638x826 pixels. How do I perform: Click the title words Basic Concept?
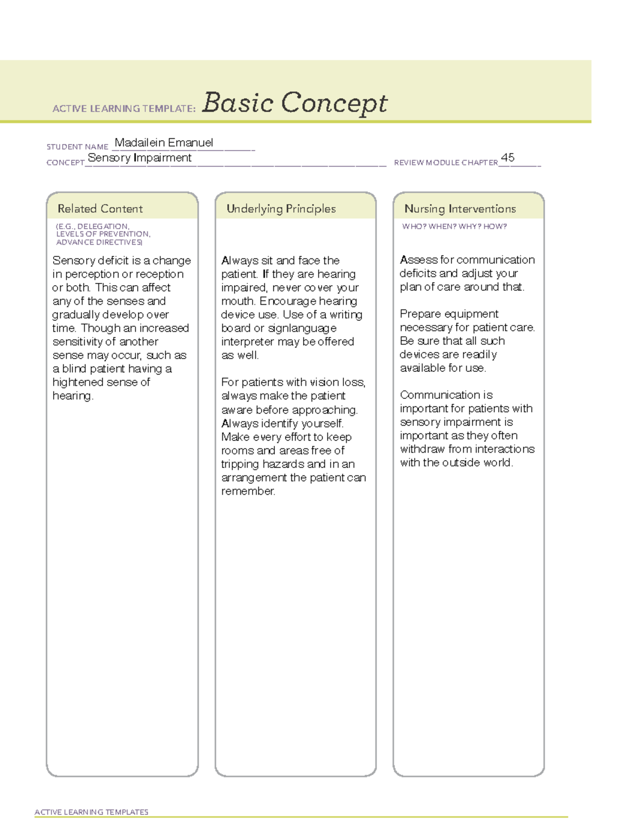295,103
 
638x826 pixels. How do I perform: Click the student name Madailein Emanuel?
164,143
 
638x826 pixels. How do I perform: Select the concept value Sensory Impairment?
139,158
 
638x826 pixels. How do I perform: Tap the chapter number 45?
508,157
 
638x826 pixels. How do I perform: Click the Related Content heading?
100,208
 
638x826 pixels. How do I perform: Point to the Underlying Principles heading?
281,208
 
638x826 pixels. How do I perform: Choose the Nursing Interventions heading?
460,208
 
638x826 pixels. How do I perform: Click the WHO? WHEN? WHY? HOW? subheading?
454,227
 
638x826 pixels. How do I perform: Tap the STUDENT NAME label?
78,147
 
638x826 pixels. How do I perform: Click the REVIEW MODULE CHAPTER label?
446,163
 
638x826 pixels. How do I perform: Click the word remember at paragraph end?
247,491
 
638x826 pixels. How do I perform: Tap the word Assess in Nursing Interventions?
418,260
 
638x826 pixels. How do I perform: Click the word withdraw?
423,449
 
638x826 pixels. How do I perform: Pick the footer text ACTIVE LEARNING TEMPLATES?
91,812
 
